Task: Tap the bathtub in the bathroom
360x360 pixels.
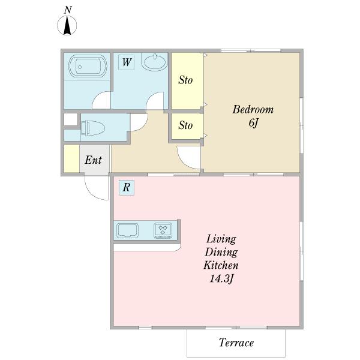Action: [88, 66]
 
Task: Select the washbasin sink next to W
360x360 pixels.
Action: [155, 62]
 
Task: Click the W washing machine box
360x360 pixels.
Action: [126, 62]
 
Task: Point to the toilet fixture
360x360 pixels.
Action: [93, 128]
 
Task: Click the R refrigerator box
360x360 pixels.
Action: [127, 188]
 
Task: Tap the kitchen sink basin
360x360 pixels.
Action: [128, 230]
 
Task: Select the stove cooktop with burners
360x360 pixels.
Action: [163, 230]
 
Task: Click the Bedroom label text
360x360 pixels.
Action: [253, 110]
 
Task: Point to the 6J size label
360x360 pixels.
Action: [253, 123]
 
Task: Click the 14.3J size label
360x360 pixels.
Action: [221, 279]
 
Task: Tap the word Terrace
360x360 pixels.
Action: [236, 343]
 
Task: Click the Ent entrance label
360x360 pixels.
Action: [93, 160]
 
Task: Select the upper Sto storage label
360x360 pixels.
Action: [185, 80]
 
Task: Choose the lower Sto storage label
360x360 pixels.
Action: [185, 125]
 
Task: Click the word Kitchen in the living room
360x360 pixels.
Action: [221, 265]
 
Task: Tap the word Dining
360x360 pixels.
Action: [221, 253]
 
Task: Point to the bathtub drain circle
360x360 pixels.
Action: [80, 67]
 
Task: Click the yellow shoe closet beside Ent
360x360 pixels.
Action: [71, 158]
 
